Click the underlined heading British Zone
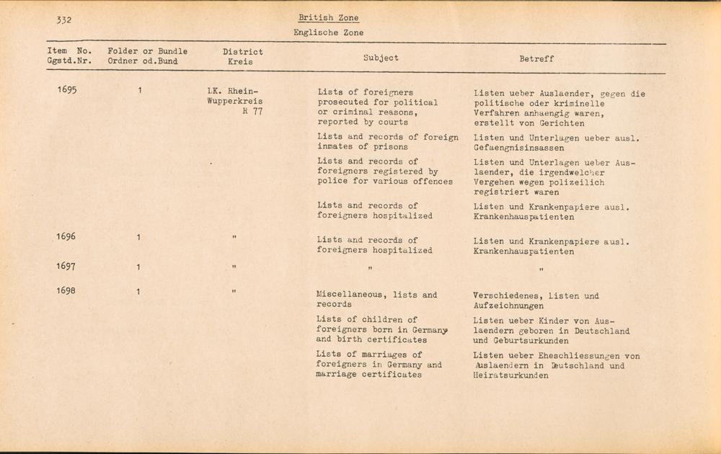(x=328, y=18)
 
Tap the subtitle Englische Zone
(x=328, y=32)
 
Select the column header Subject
(x=381, y=58)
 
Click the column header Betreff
(x=536, y=59)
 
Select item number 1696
(x=66, y=236)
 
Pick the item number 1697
(x=66, y=267)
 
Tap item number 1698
(x=66, y=291)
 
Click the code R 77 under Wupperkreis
(x=252, y=112)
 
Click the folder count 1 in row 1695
(x=141, y=91)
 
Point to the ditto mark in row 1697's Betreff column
(x=541, y=270)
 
